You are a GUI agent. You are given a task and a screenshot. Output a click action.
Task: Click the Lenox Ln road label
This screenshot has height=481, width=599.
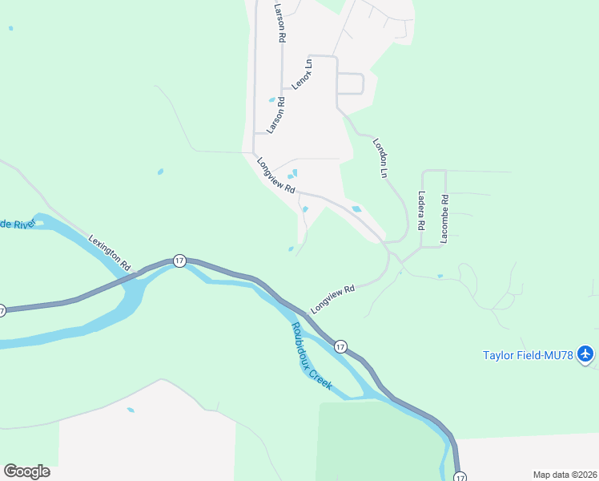pos(302,74)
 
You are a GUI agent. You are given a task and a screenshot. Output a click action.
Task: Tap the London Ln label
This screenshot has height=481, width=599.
pos(380,158)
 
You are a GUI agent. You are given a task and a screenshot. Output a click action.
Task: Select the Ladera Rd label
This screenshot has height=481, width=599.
pos(420,208)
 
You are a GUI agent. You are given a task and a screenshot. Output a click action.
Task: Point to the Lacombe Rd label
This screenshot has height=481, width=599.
pos(444,219)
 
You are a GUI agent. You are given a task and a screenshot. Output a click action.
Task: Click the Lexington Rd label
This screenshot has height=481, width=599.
pos(110,251)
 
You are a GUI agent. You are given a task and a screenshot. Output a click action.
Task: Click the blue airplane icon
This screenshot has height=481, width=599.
pos(586,354)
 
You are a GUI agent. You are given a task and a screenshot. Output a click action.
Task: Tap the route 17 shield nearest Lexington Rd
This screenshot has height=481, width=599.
pos(179,261)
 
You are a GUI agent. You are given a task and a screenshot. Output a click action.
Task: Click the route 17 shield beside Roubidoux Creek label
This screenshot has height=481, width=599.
pos(341,346)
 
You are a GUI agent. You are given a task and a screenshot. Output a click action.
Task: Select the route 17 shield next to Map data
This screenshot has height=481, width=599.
pos(460,477)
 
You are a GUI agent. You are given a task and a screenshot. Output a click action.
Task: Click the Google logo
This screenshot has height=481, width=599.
pos(26,471)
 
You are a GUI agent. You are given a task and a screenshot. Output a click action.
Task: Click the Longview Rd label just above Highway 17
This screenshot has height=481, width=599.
pos(332,299)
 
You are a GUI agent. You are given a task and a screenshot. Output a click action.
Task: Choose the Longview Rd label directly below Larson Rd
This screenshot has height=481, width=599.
pos(276,176)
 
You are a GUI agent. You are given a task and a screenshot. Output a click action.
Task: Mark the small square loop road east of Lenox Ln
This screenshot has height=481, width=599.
pos(351,83)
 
